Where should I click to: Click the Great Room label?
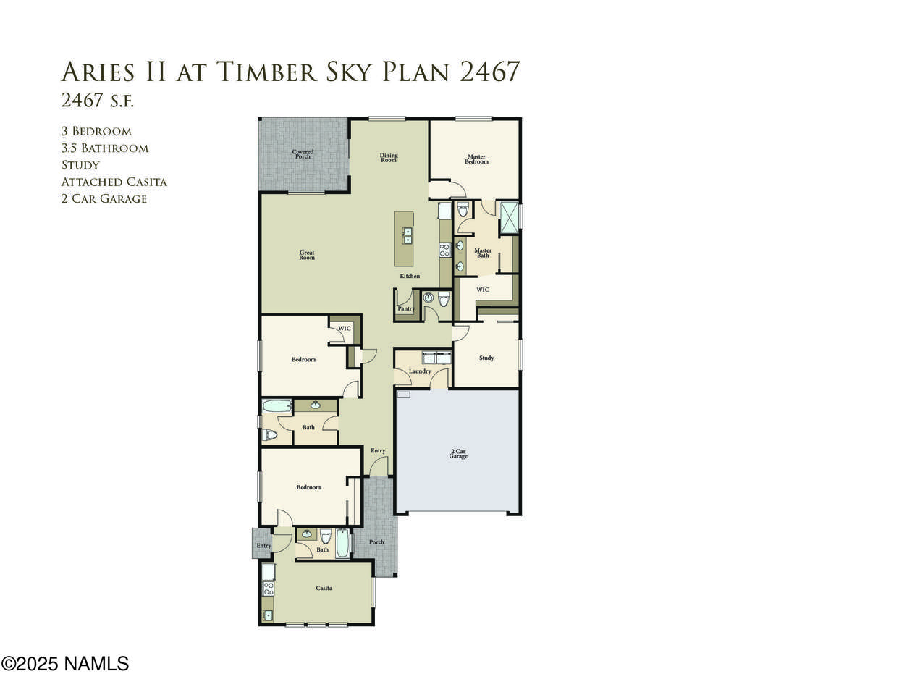307,255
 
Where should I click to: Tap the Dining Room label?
389,157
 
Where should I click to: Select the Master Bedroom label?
476,159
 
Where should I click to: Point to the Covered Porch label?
303,154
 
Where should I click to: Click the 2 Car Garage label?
458,453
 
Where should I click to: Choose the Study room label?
486,358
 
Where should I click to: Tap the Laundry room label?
420,371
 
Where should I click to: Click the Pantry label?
406,308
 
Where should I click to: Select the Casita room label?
324,588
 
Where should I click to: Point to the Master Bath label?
483,253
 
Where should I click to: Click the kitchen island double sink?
407,235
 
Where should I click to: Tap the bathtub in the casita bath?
342,543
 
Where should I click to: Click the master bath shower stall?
510,218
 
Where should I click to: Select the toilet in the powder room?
444,299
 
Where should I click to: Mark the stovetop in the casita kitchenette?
268,589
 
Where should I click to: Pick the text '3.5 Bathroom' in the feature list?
105,148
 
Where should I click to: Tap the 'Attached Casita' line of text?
114,182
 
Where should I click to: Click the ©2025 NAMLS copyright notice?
65,664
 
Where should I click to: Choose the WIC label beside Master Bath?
482,290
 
